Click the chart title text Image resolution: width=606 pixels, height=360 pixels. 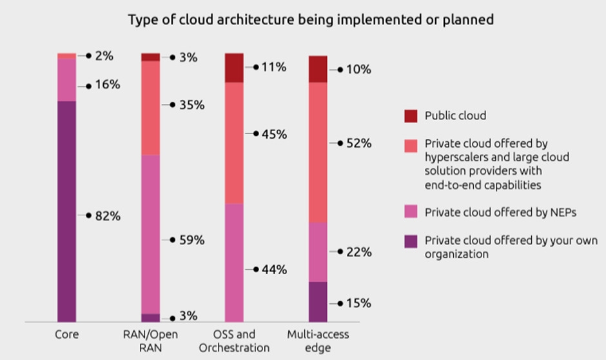tap(311, 19)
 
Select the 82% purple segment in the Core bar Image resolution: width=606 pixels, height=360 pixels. tap(66, 211)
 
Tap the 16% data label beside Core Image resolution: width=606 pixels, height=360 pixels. tap(106, 85)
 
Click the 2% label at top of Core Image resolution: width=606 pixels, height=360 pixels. tap(104, 56)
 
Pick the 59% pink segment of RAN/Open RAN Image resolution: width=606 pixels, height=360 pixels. tap(150, 234)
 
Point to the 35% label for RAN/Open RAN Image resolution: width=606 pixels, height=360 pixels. tap(191, 105)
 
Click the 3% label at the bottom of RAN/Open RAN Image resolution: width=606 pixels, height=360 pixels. tap(188, 316)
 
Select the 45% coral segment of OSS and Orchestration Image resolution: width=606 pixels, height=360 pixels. tap(234, 143)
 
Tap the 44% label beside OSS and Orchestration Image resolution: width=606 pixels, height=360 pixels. tap(274, 270)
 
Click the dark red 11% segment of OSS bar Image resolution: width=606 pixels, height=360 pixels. tap(234, 68)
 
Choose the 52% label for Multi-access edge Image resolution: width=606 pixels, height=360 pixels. tap(358, 143)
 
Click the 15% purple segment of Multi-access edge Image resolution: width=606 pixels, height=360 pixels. tap(318, 301)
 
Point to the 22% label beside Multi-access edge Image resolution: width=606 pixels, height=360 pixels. tap(358, 252)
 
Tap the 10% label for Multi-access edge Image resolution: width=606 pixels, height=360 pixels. tap(358, 69)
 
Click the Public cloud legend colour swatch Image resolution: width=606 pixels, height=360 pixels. tap(411, 116)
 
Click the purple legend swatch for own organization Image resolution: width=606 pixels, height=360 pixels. tap(411, 241)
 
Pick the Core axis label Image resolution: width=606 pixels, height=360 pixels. tap(66, 335)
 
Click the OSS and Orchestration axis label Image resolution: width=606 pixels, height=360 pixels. tap(234, 341)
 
